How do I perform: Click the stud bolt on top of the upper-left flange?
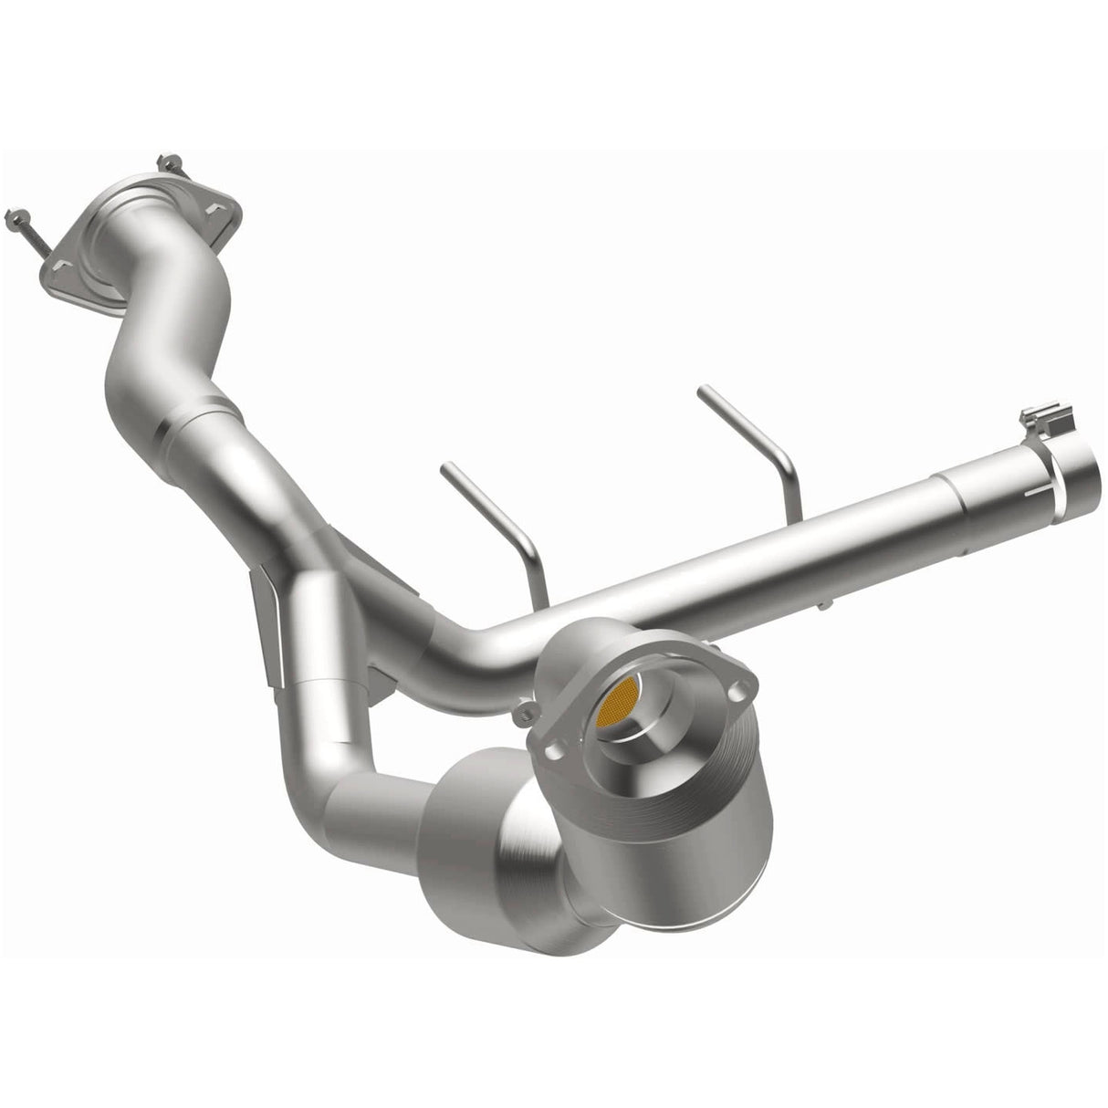170,165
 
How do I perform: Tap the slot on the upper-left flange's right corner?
216,211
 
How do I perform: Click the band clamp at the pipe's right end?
1050,447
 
